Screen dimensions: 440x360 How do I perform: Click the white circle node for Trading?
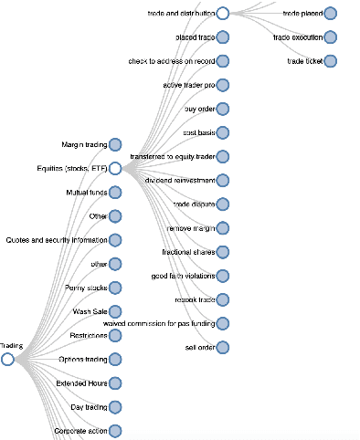point(8,360)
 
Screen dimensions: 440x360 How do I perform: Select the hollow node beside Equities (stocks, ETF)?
point(115,169)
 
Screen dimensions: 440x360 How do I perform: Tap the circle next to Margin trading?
point(115,144)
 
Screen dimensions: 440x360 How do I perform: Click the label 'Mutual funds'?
point(87,193)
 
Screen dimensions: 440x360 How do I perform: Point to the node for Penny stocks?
point(115,288)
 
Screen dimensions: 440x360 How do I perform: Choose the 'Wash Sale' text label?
point(90,311)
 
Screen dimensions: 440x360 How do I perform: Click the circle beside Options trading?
point(115,360)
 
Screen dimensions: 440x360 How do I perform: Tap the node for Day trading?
point(115,407)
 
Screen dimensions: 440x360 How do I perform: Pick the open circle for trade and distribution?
point(223,14)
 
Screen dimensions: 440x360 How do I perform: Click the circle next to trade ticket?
point(330,61)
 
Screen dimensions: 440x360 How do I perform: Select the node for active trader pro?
point(223,85)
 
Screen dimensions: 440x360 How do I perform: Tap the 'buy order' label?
point(199,109)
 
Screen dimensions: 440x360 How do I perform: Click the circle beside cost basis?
point(223,133)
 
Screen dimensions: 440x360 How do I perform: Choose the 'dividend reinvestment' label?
point(179,181)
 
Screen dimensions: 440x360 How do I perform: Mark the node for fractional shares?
point(223,252)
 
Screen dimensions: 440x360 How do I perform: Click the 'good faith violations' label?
point(183,276)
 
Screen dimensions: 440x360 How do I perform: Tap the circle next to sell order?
point(223,347)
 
